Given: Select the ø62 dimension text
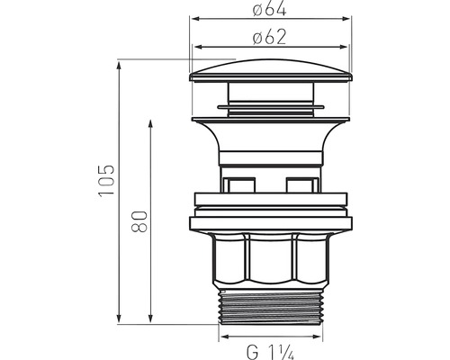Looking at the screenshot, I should click(x=270, y=38).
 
